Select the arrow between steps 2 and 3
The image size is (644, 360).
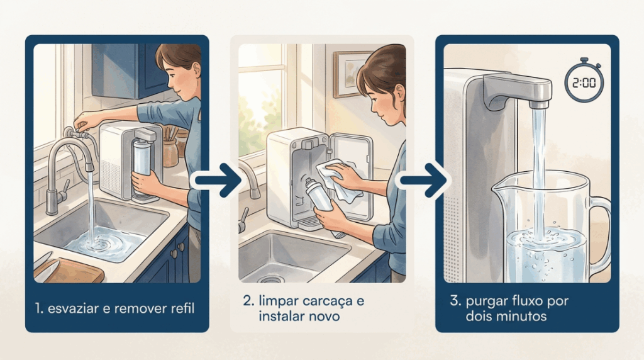tap(423, 180)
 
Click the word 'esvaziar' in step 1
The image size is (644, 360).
tap(73, 308)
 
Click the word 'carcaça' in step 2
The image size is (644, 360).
tap(328, 301)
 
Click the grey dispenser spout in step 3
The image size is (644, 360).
tap(518, 91)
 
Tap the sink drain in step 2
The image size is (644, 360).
tap(270, 280)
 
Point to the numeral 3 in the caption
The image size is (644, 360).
tap(454, 300)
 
